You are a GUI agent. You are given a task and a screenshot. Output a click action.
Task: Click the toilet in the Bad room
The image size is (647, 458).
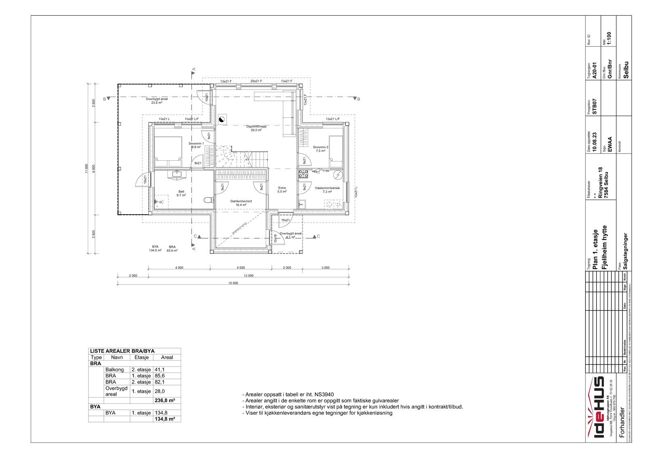[208, 200]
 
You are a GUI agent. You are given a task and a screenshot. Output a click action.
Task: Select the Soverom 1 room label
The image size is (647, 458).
[196, 143]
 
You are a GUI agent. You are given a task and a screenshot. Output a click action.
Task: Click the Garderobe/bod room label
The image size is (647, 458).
[241, 201]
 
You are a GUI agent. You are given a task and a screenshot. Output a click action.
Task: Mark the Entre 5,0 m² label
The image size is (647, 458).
[282, 190]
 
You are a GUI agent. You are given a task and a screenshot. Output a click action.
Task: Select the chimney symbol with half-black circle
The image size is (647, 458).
[221, 119]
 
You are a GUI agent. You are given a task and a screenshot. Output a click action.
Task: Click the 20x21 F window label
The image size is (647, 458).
[256, 81]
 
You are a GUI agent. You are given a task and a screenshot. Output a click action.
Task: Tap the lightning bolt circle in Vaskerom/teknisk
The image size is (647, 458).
[337, 175]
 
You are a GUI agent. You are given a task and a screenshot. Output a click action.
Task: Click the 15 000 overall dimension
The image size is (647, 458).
[233, 283]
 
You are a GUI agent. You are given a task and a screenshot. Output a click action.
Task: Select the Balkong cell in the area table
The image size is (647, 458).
[114, 370]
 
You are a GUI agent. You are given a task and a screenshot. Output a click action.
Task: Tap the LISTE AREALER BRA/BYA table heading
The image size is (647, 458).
[123, 351]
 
